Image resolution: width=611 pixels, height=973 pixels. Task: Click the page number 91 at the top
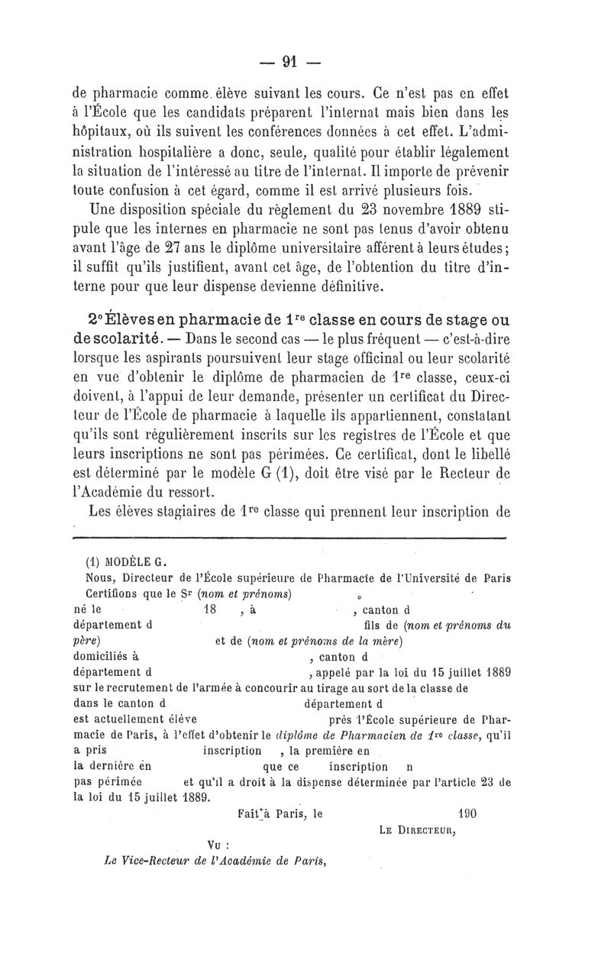click(x=290, y=62)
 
